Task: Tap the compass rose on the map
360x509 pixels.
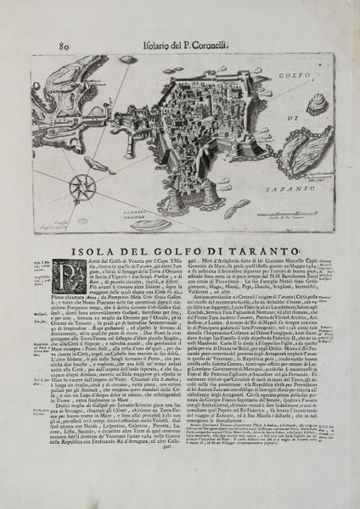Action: (x=82, y=186)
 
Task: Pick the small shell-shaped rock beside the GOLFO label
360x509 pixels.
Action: (x=316, y=104)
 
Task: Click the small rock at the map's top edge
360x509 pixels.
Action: (x=127, y=60)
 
